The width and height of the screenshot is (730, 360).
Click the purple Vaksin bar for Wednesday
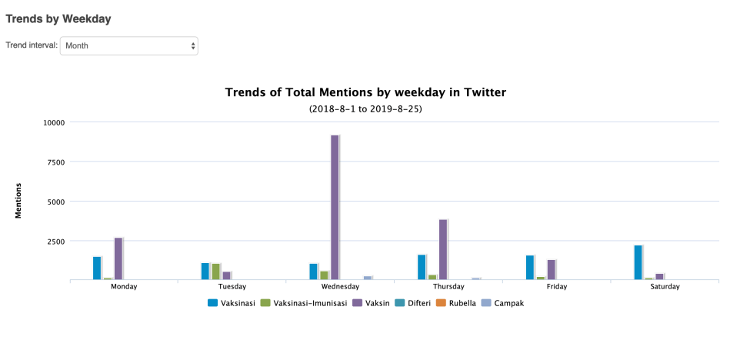point(335,208)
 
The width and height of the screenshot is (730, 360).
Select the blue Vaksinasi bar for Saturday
point(638,262)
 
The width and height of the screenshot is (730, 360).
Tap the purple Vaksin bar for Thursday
point(443,249)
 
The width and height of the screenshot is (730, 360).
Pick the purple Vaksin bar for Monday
point(118,258)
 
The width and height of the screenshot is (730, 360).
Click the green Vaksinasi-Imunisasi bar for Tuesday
point(216,272)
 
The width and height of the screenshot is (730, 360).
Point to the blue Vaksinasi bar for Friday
point(530,267)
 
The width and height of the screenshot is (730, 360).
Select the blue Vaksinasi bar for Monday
point(97,268)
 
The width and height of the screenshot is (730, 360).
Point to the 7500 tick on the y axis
point(55,162)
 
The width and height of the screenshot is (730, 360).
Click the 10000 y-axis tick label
point(53,122)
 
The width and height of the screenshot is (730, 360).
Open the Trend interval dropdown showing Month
point(128,45)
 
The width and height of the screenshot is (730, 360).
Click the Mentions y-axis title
point(18,201)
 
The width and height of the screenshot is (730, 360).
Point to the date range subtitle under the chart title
point(365,109)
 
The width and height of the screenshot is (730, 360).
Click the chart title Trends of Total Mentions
point(365,92)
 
